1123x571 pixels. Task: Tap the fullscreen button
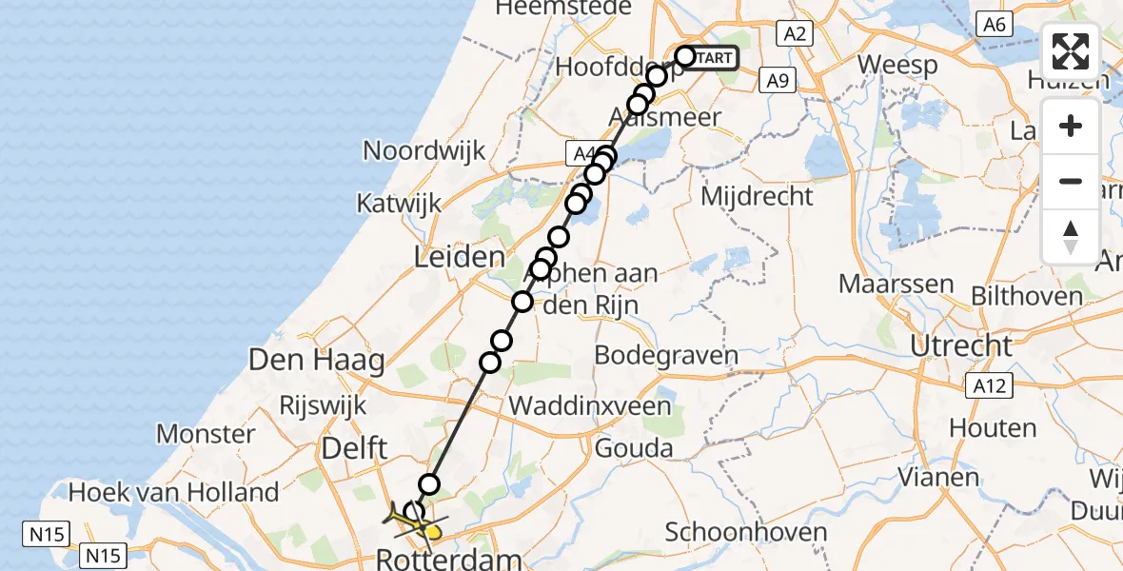click(x=1071, y=51)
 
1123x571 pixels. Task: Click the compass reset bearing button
click(x=1071, y=237)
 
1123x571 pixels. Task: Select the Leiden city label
click(x=459, y=257)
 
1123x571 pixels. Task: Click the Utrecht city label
click(x=961, y=345)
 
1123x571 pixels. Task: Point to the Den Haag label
click(x=316, y=361)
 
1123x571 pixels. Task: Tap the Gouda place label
click(x=634, y=448)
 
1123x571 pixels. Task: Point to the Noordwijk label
click(x=424, y=150)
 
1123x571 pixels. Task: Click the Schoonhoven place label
click(x=746, y=531)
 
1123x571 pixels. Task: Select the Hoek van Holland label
click(x=174, y=492)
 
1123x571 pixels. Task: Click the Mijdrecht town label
click(x=757, y=197)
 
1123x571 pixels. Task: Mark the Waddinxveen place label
click(x=590, y=405)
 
